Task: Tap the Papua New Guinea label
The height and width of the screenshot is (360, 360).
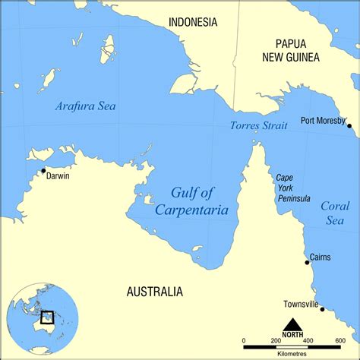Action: pos(291,49)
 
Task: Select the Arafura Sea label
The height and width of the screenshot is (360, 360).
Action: pos(85,106)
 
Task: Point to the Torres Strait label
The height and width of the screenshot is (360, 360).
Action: pos(258,125)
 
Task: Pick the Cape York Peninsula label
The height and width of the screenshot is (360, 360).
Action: pos(292,188)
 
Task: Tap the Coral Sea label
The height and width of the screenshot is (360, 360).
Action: pos(335,213)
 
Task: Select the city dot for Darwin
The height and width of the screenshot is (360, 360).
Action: pos(43,170)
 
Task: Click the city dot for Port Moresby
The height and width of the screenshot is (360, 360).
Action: pos(349,125)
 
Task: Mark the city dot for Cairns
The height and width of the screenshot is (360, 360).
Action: pos(307,263)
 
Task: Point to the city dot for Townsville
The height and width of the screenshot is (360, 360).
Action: pos(322,309)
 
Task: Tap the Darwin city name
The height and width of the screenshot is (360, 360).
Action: pos(58,175)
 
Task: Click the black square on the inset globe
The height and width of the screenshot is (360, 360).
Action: pos(46,317)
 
